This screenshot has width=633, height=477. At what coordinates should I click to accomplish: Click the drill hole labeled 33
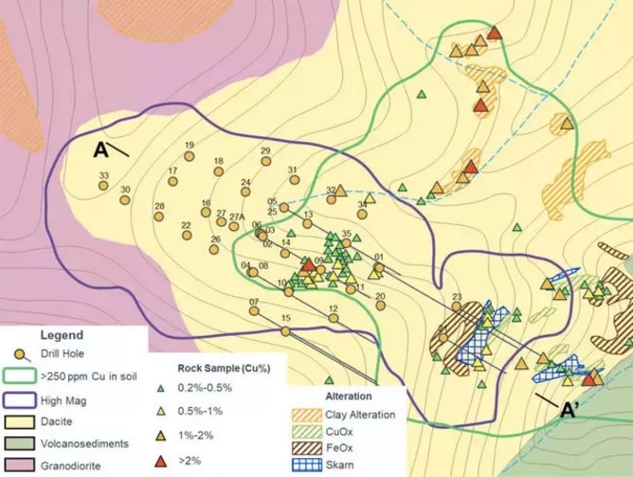[104, 185]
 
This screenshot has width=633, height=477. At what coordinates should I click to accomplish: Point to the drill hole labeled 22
[187, 236]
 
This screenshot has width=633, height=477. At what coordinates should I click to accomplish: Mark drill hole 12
[334, 320]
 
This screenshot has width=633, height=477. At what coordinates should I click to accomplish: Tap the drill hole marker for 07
[254, 313]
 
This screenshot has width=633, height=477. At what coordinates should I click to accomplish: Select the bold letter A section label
[103, 150]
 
